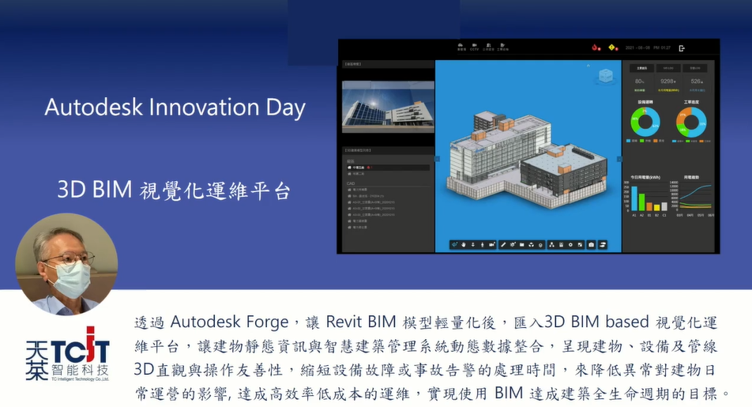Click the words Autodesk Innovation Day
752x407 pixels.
pyautogui.click(x=175, y=107)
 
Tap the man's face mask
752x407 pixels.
pyautogui.click(x=70, y=279)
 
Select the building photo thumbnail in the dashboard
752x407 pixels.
pyautogui.click(x=388, y=106)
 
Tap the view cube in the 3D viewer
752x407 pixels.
pyautogui.click(x=606, y=77)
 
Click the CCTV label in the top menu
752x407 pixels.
pyautogui.click(x=475, y=47)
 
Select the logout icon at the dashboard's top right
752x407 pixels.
pyautogui.click(x=682, y=48)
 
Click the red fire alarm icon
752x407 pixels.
pyautogui.click(x=595, y=47)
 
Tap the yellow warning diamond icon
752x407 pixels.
pyautogui.click(x=611, y=47)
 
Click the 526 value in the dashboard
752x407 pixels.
pyautogui.click(x=696, y=81)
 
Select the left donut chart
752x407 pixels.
pyautogui.click(x=645, y=122)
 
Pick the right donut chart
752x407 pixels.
pyautogui.click(x=691, y=122)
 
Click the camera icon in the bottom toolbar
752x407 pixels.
pyautogui.click(x=591, y=244)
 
